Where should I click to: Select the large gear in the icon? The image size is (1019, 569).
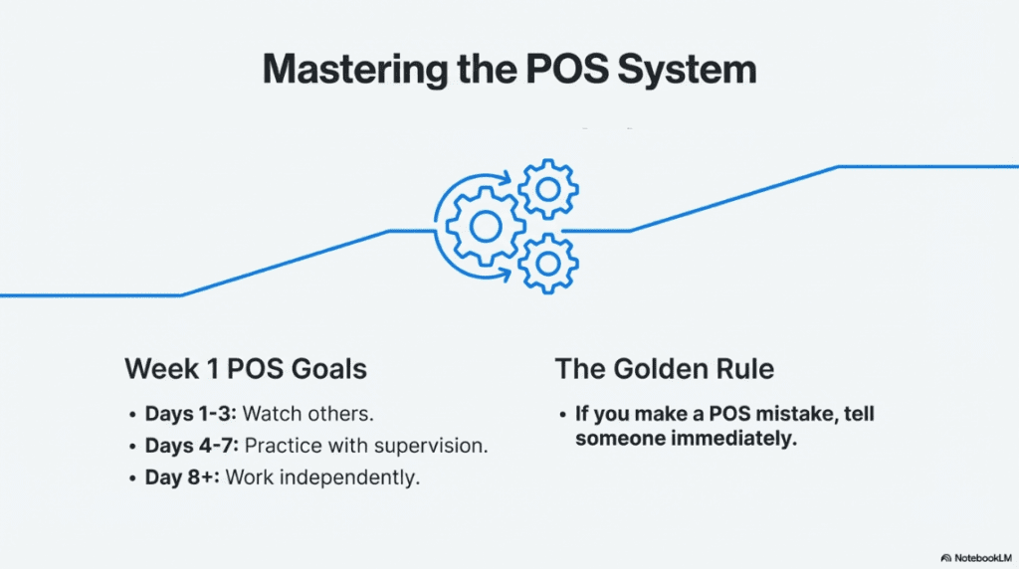pos(485,226)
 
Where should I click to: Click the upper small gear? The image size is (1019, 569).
pos(547,186)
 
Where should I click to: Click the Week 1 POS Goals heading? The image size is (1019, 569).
pos(246,369)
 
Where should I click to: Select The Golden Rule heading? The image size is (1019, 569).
pos(665,369)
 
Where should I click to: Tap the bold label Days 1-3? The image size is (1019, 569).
pos(191,413)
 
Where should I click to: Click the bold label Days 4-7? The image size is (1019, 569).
pos(191,445)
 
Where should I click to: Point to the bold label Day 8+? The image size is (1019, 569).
pos(183,476)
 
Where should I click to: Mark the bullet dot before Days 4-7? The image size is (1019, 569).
pos(133,446)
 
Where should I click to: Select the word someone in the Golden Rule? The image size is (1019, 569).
pos(618,438)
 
